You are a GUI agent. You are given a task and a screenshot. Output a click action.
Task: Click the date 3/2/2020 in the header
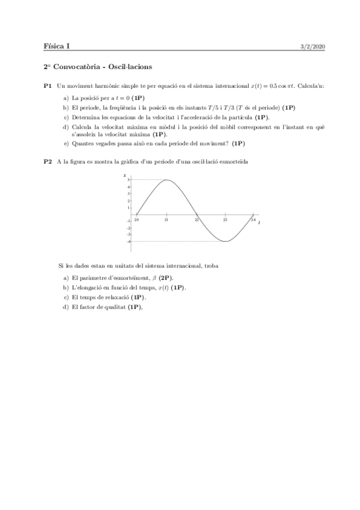click(x=313, y=47)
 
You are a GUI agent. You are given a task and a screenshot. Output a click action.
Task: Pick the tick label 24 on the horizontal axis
click(x=253, y=220)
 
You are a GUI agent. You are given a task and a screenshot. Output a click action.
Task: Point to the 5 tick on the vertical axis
click(x=128, y=180)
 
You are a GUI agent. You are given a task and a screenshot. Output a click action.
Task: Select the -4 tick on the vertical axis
click(x=127, y=241)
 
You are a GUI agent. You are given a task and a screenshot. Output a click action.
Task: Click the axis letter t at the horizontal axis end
click(x=259, y=223)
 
